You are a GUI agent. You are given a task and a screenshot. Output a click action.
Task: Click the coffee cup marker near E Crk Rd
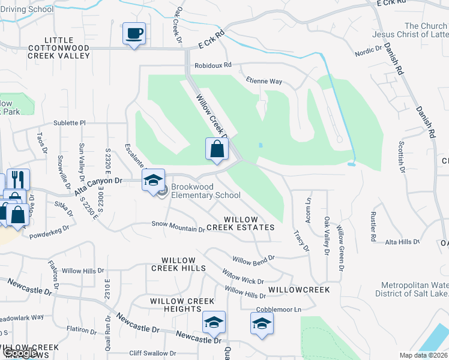click(x=133, y=33)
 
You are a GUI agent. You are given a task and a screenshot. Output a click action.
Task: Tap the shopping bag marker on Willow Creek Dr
click(x=217, y=148)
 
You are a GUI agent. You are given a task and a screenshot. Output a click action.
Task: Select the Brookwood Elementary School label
click(x=205, y=191)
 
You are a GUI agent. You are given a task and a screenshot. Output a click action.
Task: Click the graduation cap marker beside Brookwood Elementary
click(x=153, y=179)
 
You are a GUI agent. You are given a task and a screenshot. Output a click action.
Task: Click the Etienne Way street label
click(x=264, y=81)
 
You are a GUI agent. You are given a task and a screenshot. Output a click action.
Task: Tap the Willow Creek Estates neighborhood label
click(x=240, y=224)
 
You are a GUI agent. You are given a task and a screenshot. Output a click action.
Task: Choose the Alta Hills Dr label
click(x=403, y=242)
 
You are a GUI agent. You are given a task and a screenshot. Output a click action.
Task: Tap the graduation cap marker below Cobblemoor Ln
click(x=262, y=324)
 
